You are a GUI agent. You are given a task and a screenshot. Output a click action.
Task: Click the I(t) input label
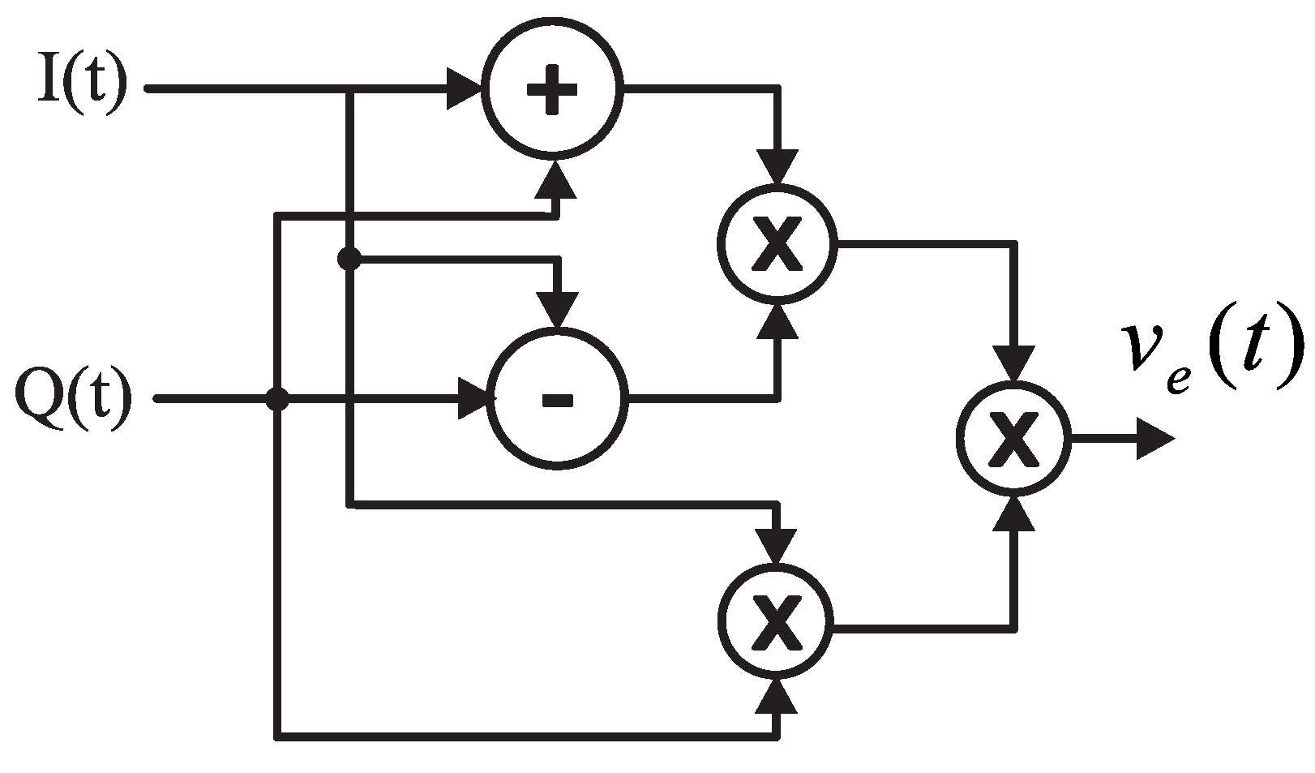coord(83,88)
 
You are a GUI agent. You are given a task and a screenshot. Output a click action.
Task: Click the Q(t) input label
coord(74,400)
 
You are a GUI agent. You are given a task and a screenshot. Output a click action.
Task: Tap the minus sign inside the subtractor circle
coord(557,399)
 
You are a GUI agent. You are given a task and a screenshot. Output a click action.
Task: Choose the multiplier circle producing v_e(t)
coord(1014,439)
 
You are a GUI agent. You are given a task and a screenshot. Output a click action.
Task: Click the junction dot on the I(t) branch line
coord(349,260)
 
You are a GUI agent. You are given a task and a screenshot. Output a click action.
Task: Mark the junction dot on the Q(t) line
coord(278,399)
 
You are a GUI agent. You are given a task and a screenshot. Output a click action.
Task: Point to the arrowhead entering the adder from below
coord(556,180)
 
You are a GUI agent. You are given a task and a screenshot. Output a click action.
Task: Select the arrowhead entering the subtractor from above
coord(557,310)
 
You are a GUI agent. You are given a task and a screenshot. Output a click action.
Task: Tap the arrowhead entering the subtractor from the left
coord(475,399)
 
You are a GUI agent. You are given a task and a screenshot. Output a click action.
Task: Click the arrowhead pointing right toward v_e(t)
coord(1154,439)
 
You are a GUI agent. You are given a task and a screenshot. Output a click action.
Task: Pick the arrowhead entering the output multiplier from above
coord(1014,363)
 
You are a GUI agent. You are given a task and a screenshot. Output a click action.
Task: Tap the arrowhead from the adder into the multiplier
coord(777,168)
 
